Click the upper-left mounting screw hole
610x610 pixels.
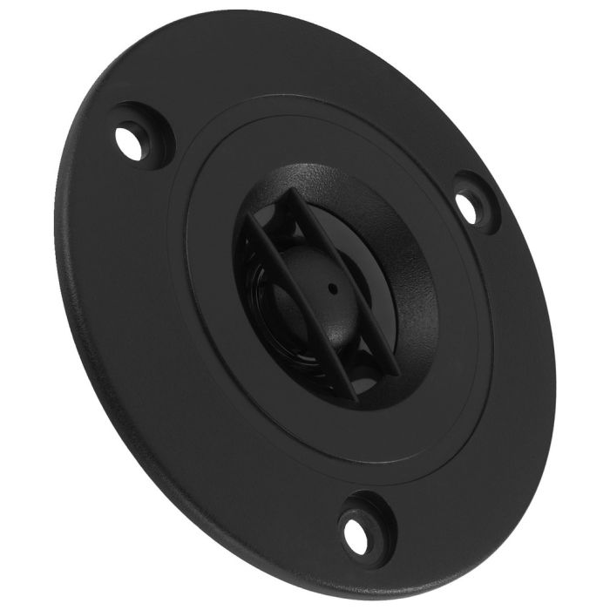tap(128, 142)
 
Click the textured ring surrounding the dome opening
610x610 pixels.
tap(410, 253)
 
